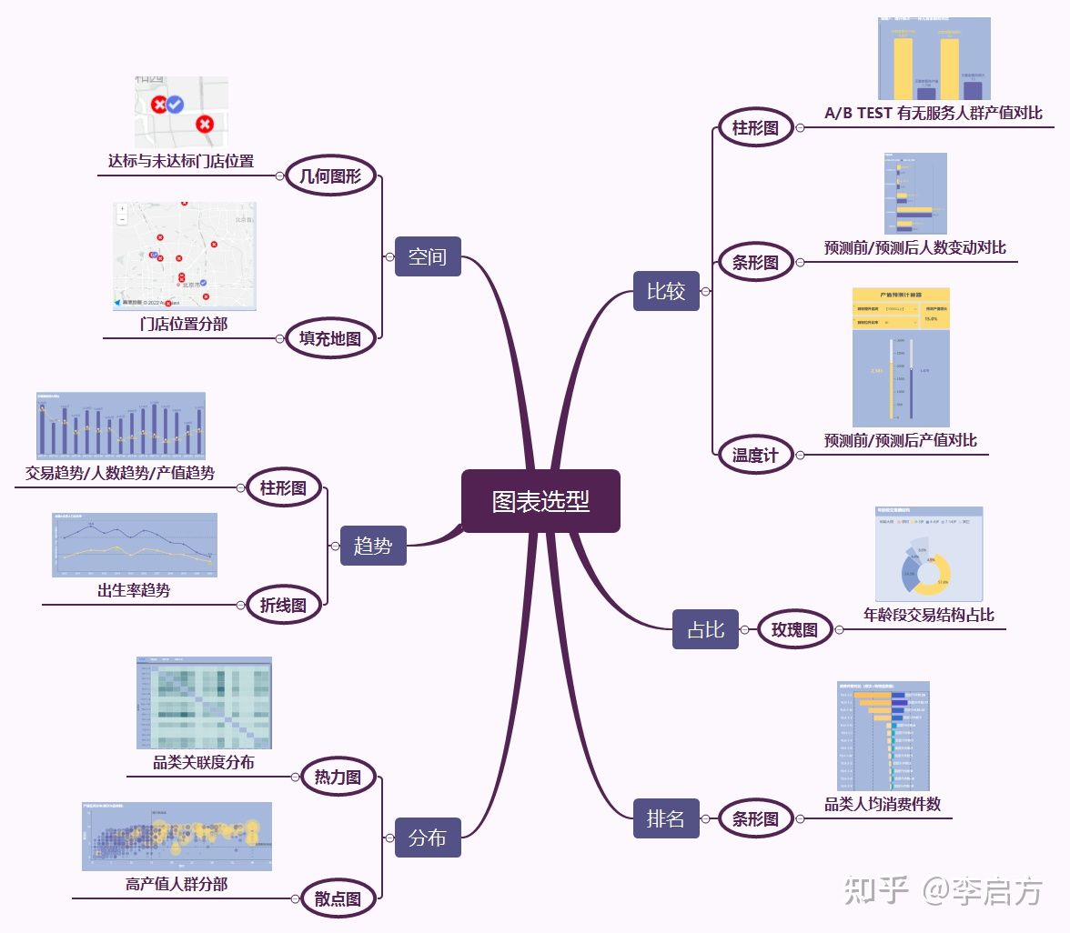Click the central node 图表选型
(540, 501)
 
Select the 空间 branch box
(428, 256)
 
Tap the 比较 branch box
(666, 291)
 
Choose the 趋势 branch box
(373, 546)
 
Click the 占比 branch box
(705, 629)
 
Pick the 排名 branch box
(666, 818)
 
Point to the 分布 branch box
(428, 838)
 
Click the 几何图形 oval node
(330, 176)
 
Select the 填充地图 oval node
(330, 339)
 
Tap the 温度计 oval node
(755, 455)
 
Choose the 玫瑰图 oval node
(794, 629)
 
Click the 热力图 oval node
(338, 777)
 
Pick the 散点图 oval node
(338, 899)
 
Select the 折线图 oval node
(283, 605)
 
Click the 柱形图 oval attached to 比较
(755, 128)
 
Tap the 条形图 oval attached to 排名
(755, 819)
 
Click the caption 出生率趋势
(134, 590)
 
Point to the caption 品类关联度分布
(204, 762)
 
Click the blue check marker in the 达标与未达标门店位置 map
(176, 105)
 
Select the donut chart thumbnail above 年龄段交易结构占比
(928, 554)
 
